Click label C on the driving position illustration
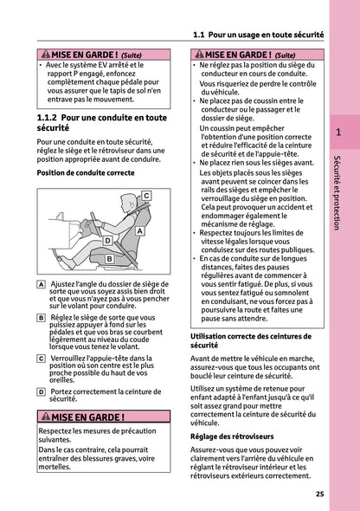tap(146, 196)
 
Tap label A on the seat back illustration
tap(139, 231)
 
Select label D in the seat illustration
tap(108, 240)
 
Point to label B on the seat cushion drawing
tap(109, 259)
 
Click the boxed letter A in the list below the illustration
tap(42, 284)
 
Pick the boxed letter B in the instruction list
tap(42, 318)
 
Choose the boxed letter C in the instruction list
tap(42, 357)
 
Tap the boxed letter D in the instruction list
tap(42, 391)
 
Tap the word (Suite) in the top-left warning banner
tap(131, 54)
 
